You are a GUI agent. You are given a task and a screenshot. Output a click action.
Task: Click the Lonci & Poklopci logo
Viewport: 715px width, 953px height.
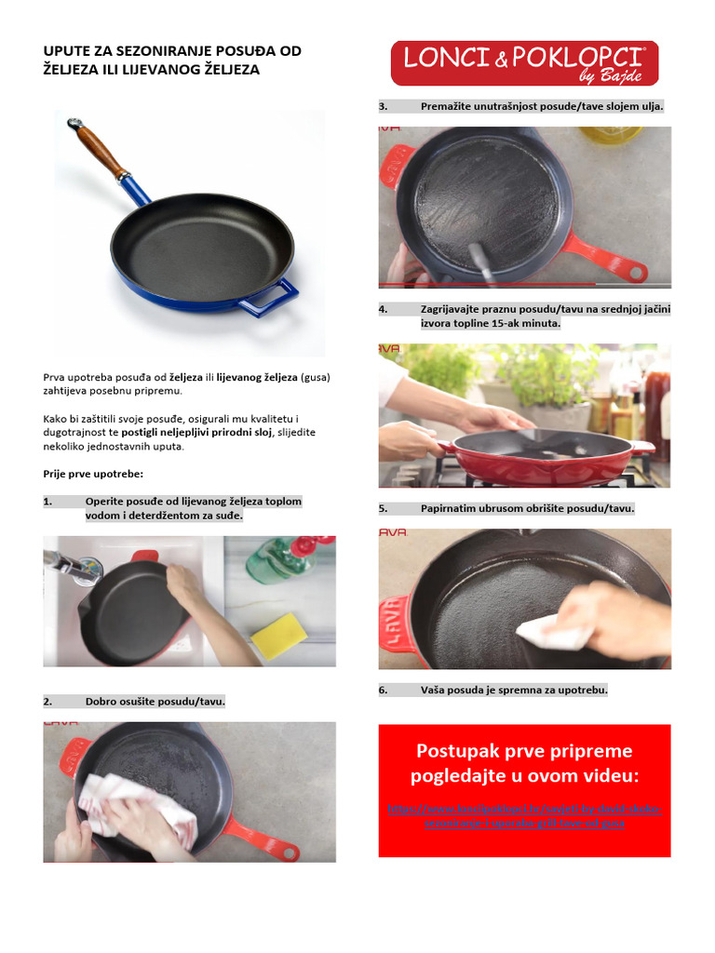524,62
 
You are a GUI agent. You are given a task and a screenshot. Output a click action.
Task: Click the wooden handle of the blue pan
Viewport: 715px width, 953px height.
101,150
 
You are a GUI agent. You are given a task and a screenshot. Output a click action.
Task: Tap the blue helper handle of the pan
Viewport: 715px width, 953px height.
269,298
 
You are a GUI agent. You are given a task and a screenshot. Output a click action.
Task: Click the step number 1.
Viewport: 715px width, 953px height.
48,502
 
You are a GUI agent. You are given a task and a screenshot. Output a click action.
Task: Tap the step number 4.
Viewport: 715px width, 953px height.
383,309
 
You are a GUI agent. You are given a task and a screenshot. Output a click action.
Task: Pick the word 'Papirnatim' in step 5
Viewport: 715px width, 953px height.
450,509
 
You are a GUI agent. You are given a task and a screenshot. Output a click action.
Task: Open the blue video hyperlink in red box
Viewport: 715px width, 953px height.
523,816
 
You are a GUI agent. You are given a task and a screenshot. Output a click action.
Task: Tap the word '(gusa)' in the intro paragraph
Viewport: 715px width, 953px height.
316,378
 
